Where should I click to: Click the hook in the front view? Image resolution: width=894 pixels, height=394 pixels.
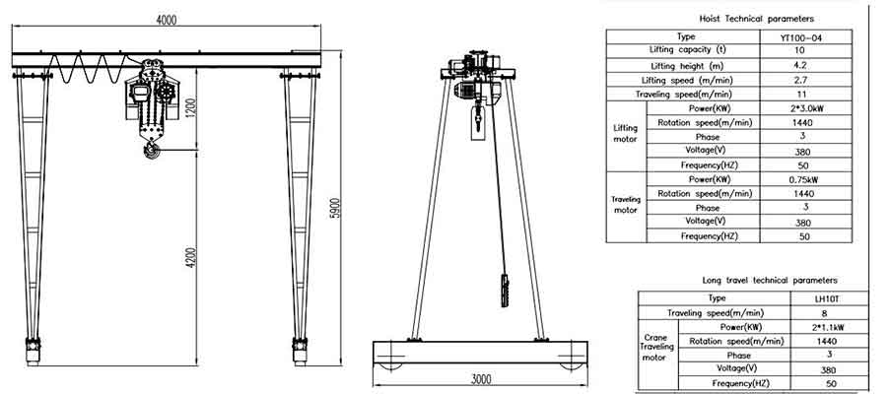click(152, 149)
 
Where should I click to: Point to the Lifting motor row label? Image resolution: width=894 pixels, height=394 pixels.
click(625, 136)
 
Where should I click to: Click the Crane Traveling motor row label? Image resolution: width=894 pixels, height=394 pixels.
click(654, 347)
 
